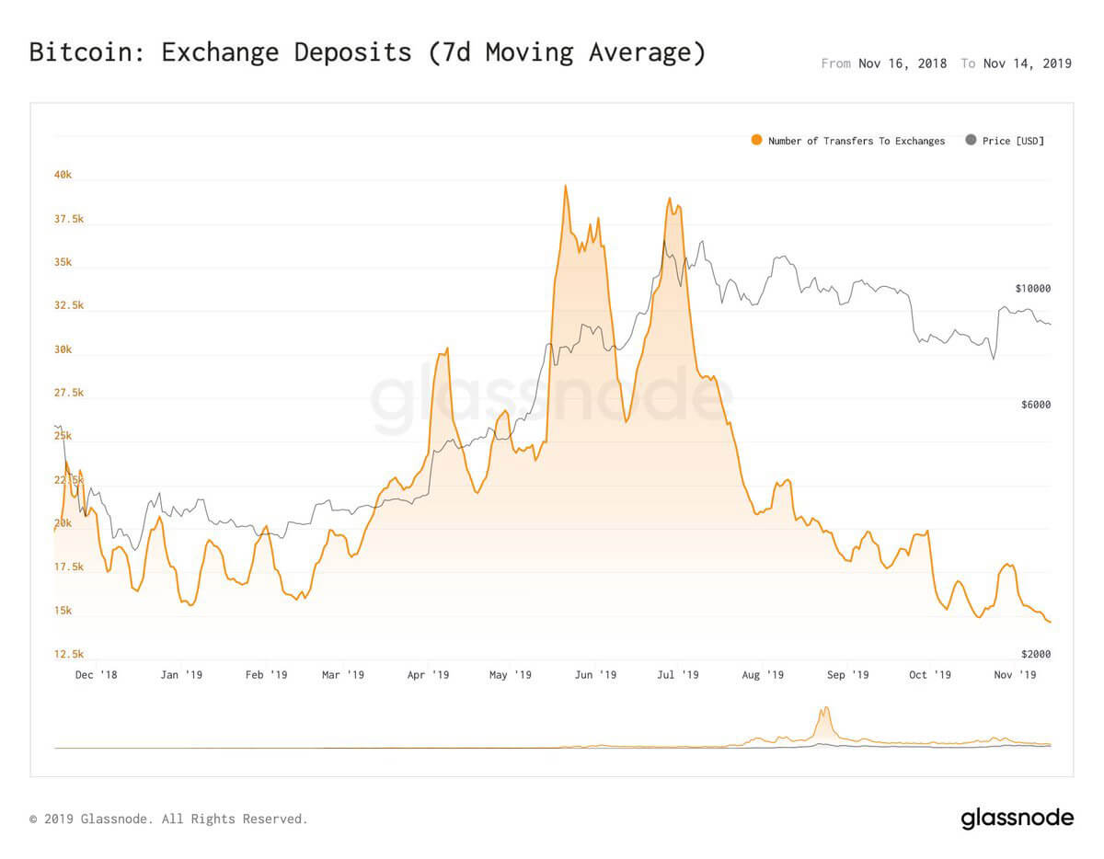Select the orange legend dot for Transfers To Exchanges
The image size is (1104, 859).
(756, 141)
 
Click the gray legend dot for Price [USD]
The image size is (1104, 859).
(971, 141)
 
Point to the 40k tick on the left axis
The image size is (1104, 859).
(62, 175)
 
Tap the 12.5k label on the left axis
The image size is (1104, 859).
(68, 654)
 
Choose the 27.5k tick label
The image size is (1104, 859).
(68, 393)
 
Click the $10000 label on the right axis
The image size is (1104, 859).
(1032, 289)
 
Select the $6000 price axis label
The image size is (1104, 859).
(1035, 405)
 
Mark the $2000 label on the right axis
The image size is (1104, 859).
(1035, 654)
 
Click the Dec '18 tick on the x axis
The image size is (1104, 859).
(96, 675)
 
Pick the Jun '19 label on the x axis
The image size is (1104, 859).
(594, 675)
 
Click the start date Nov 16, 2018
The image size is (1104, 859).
(902, 63)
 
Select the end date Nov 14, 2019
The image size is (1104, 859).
(1027, 63)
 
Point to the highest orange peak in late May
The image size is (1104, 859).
(565, 186)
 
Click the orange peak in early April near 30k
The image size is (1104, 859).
(447, 349)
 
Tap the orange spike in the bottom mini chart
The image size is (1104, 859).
(825, 709)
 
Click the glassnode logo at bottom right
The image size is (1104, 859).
(1017, 818)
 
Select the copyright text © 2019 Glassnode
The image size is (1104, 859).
(168, 819)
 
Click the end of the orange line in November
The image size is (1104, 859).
(1050, 623)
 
